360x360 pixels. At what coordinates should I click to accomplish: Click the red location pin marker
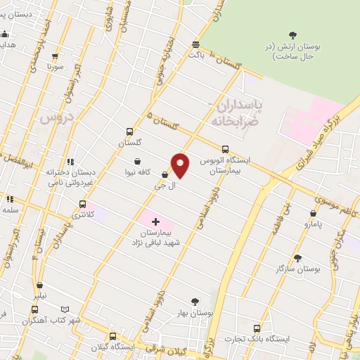tap(181, 165)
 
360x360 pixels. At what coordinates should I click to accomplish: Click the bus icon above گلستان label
tap(129, 131)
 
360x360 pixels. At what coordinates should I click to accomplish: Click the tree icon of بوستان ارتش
tap(293, 35)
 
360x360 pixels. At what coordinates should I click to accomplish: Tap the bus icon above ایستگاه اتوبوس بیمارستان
tap(224, 148)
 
